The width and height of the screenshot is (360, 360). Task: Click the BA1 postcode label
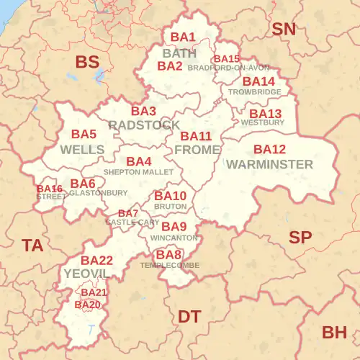(x=183, y=37)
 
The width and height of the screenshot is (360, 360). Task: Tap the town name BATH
(x=179, y=53)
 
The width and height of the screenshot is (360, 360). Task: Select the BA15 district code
(x=227, y=59)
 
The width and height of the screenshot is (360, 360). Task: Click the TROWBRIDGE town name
(x=254, y=92)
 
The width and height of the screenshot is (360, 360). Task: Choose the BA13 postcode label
(x=265, y=114)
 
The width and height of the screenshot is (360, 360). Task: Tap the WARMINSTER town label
(x=269, y=164)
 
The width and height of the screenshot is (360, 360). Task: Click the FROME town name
(x=197, y=150)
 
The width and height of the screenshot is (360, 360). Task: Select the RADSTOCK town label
(x=144, y=125)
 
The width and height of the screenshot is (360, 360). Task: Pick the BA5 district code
(x=84, y=134)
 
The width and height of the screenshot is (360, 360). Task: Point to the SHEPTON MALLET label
(x=138, y=173)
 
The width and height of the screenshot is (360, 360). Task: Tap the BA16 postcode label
(x=50, y=189)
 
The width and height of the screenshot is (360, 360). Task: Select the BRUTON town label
(x=170, y=206)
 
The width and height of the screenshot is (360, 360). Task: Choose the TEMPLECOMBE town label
(x=170, y=265)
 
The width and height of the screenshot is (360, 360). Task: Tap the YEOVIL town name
(x=86, y=274)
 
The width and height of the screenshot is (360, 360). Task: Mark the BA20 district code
(x=88, y=305)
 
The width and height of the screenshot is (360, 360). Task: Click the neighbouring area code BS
(x=87, y=63)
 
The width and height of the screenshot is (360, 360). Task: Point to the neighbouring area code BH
(x=334, y=332)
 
